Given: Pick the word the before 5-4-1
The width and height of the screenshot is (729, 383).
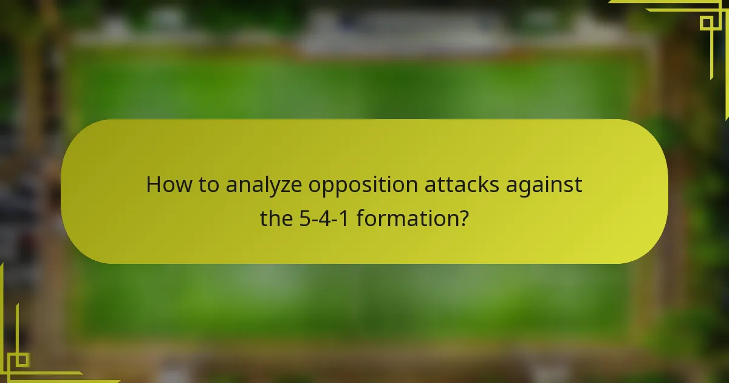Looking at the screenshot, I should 277,217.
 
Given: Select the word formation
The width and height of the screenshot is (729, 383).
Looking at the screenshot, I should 405,217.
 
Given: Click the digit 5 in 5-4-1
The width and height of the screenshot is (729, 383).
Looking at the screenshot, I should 306,217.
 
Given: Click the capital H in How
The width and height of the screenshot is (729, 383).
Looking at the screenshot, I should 154,185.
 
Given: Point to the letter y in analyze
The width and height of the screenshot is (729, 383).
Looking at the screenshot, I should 275,187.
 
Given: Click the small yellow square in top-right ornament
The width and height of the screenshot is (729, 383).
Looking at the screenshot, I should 706,23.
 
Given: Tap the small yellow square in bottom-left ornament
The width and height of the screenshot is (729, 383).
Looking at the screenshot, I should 21,359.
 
